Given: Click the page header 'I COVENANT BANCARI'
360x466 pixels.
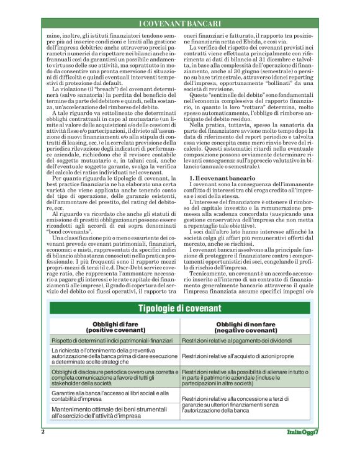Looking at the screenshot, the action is click(x=179, y=24).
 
